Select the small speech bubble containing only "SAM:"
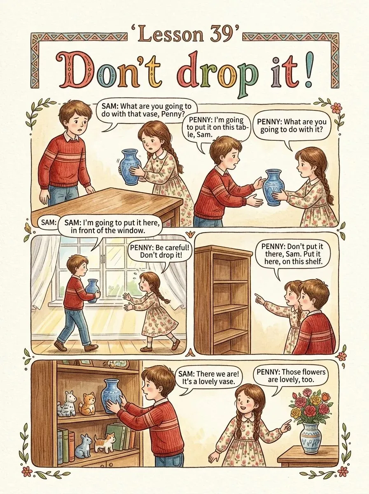coord(49,222)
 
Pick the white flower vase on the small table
coord(311,434)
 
